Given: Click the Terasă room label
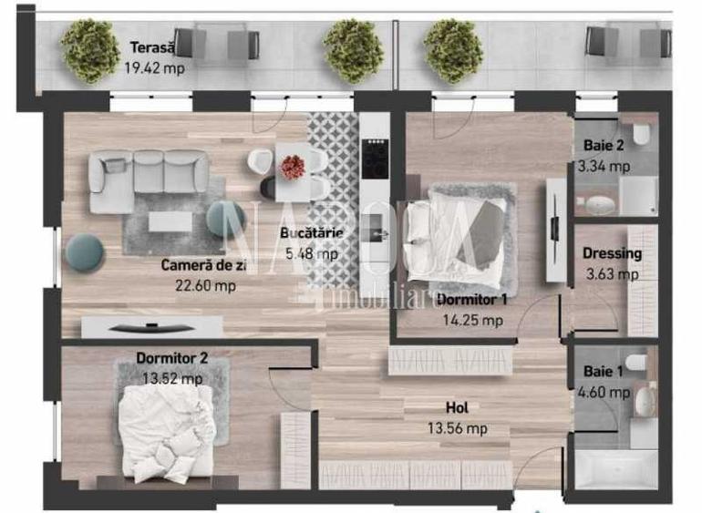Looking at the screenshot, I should [x=147, y=48].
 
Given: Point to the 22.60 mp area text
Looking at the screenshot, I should [x=205, y=284].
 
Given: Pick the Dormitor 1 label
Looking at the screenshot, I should [x=471, y=301].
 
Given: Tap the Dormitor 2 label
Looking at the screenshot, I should [x=171, y=359].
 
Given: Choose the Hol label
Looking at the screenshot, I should [x=458, y=408].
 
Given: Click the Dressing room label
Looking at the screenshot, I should [x=614, y=254].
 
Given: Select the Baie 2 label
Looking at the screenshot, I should [x=603, y=148].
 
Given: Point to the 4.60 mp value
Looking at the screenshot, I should [x=604, y=393].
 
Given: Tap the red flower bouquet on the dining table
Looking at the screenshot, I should [x=292, y=167].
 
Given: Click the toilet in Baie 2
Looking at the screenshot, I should [x=642, y=137].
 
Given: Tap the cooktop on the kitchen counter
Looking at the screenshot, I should [x=373, y=160].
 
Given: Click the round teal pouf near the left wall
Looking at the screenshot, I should [x=86, y=251].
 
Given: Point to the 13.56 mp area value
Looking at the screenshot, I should [x=457, y=428].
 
